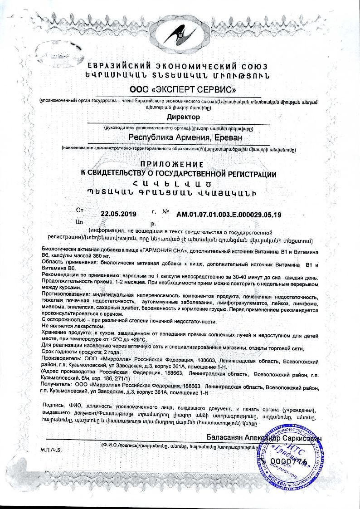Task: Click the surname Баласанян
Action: click(224, 438)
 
